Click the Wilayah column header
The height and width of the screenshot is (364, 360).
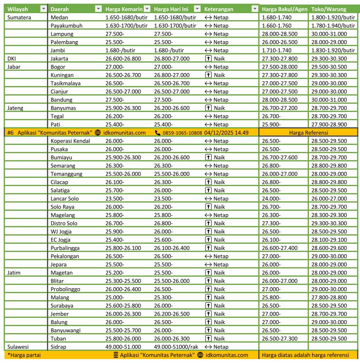point(18,9)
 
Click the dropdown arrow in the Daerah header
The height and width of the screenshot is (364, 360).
point(98,9)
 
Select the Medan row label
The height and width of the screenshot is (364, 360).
point(59,17)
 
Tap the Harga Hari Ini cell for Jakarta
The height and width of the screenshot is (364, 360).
point(172,58)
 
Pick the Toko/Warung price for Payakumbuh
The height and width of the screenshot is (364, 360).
point(333,26)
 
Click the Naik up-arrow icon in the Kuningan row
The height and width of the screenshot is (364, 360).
point(208,75)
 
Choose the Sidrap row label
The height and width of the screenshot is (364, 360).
point(58,347)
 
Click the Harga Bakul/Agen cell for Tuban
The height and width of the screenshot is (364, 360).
point(279,338)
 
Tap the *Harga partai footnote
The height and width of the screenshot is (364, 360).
point(24,355)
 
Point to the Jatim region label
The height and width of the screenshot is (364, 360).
point(14,273)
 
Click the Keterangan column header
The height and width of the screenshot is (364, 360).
point(219,9)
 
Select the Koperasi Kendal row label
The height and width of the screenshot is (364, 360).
point(70,141)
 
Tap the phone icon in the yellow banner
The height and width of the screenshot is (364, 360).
point(158,133)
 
